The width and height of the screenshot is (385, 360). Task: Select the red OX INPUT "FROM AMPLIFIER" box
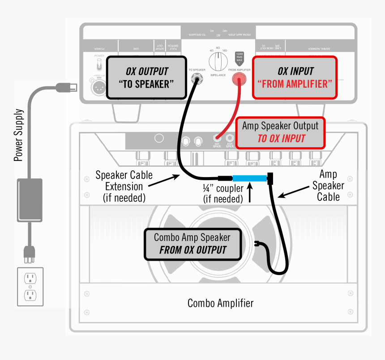[x=295, y=77]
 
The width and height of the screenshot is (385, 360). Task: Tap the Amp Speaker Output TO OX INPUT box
[x=280, y=132]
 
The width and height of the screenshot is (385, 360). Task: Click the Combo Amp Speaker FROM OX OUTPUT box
[x=193, y=244]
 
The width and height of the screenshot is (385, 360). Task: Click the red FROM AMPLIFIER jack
[x=239, y=80]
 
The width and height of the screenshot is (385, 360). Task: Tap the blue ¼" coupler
[x=248, y=178]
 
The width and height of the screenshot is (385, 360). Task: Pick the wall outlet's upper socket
[x=30, y=278]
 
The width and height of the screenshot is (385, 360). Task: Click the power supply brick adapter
[x=30, y=200]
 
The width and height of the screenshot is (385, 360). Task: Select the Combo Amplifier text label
[x=220, y=303]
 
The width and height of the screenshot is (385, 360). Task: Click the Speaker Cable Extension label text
[x=124, y=186]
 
